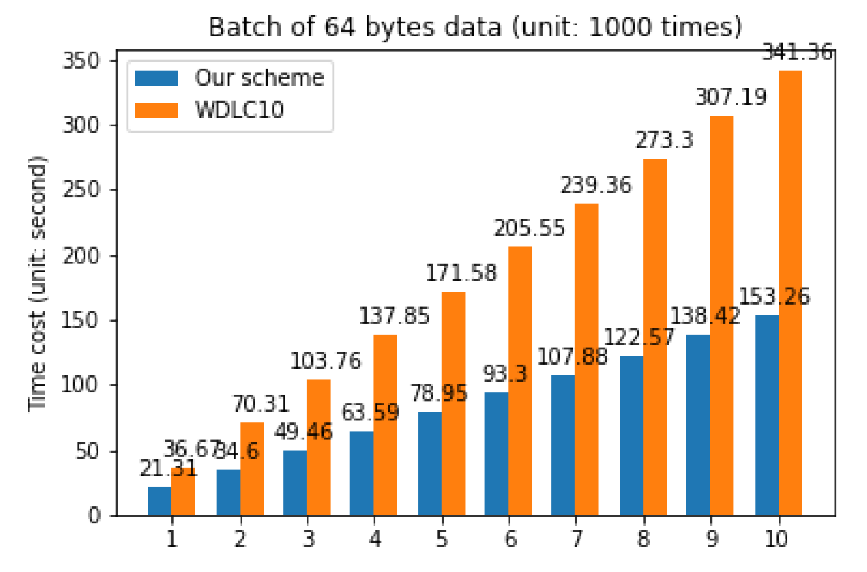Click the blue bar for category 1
tap(160, 501)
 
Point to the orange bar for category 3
tap(318, 447)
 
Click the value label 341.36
tap(797, 53)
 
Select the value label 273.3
tap(664, 140)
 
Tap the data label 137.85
tap(394, 316)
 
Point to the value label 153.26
tap(774, 297)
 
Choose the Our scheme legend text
tap(259, 78)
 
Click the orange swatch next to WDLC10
tap(156, 109)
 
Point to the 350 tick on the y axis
tap(80, 61)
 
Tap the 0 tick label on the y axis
tap(94, 515)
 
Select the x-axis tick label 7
tap(576, 539)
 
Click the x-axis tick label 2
tap(240, 539)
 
